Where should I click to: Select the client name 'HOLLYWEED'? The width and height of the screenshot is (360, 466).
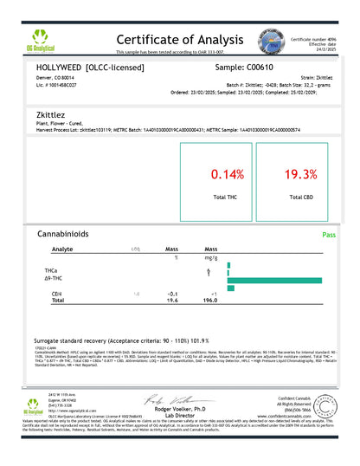pyautogui.click(x=61, y=66)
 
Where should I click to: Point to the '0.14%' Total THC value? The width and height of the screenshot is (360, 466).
pyautogui.click(x=226, y=174)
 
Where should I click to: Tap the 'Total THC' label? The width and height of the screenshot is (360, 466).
pyautogui.click(x=226, y=200)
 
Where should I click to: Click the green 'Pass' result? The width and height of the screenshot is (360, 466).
pyautogui.click(x=328, y=235)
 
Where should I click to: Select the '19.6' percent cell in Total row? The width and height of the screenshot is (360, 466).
pyautogui.click(x=171, y=301)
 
